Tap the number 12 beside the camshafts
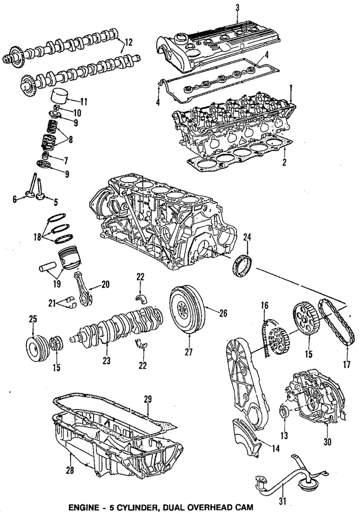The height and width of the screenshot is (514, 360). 128,42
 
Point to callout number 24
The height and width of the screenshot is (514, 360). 247,236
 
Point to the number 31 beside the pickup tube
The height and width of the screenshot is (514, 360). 283,502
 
